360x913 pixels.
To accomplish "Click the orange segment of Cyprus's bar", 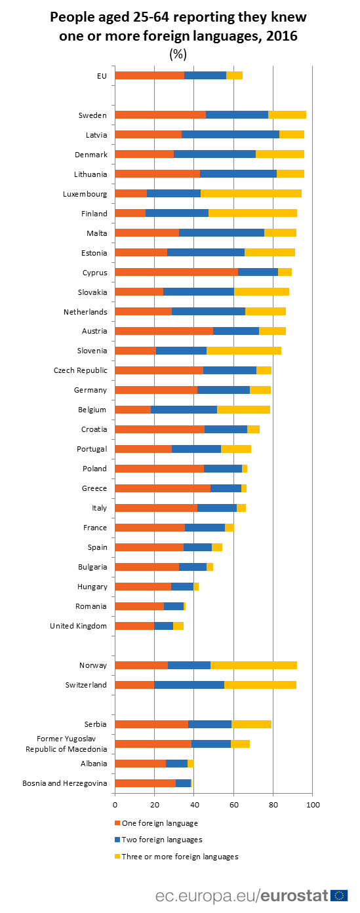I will [176, 272].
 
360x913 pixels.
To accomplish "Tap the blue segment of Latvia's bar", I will [230, 134].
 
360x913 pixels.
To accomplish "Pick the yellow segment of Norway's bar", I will [253, 665].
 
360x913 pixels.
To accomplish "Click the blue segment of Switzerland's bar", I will [189, 685].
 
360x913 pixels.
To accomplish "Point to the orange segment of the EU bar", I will [150, 75].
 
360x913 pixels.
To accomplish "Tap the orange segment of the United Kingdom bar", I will [134, 626].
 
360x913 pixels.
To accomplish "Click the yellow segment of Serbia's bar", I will [251, 724].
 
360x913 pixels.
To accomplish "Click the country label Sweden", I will [92, 115].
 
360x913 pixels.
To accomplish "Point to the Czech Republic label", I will [80, 370].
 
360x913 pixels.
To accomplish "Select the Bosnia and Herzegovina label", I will [64, 783].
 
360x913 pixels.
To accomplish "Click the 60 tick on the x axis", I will [233, 804].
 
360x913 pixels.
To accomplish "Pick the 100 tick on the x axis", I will [312, 804].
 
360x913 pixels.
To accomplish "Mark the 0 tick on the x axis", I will [115, 804].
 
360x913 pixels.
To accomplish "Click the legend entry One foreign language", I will [159, 823].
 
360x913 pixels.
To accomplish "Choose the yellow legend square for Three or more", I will [117, 857].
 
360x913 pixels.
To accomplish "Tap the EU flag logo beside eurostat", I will [339, 895].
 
